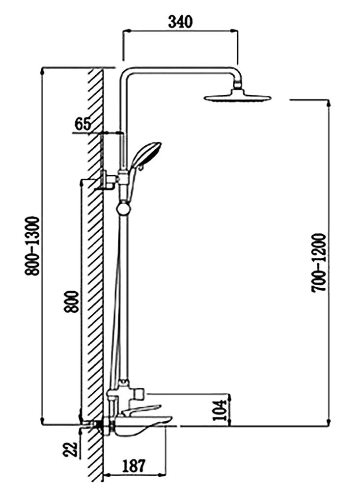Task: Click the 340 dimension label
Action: pos(180,22)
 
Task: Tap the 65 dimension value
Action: pos(83,124)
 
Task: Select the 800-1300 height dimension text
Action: pos(32,246)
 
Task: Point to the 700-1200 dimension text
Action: pos(319,263)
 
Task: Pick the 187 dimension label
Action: pos(134,466)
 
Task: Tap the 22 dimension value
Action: pos(70,449)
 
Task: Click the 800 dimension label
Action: pos(71,301)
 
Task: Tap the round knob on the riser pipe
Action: pos(124,209)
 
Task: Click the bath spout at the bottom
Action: pos(141,425)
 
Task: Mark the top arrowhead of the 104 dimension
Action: pos(230,396)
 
